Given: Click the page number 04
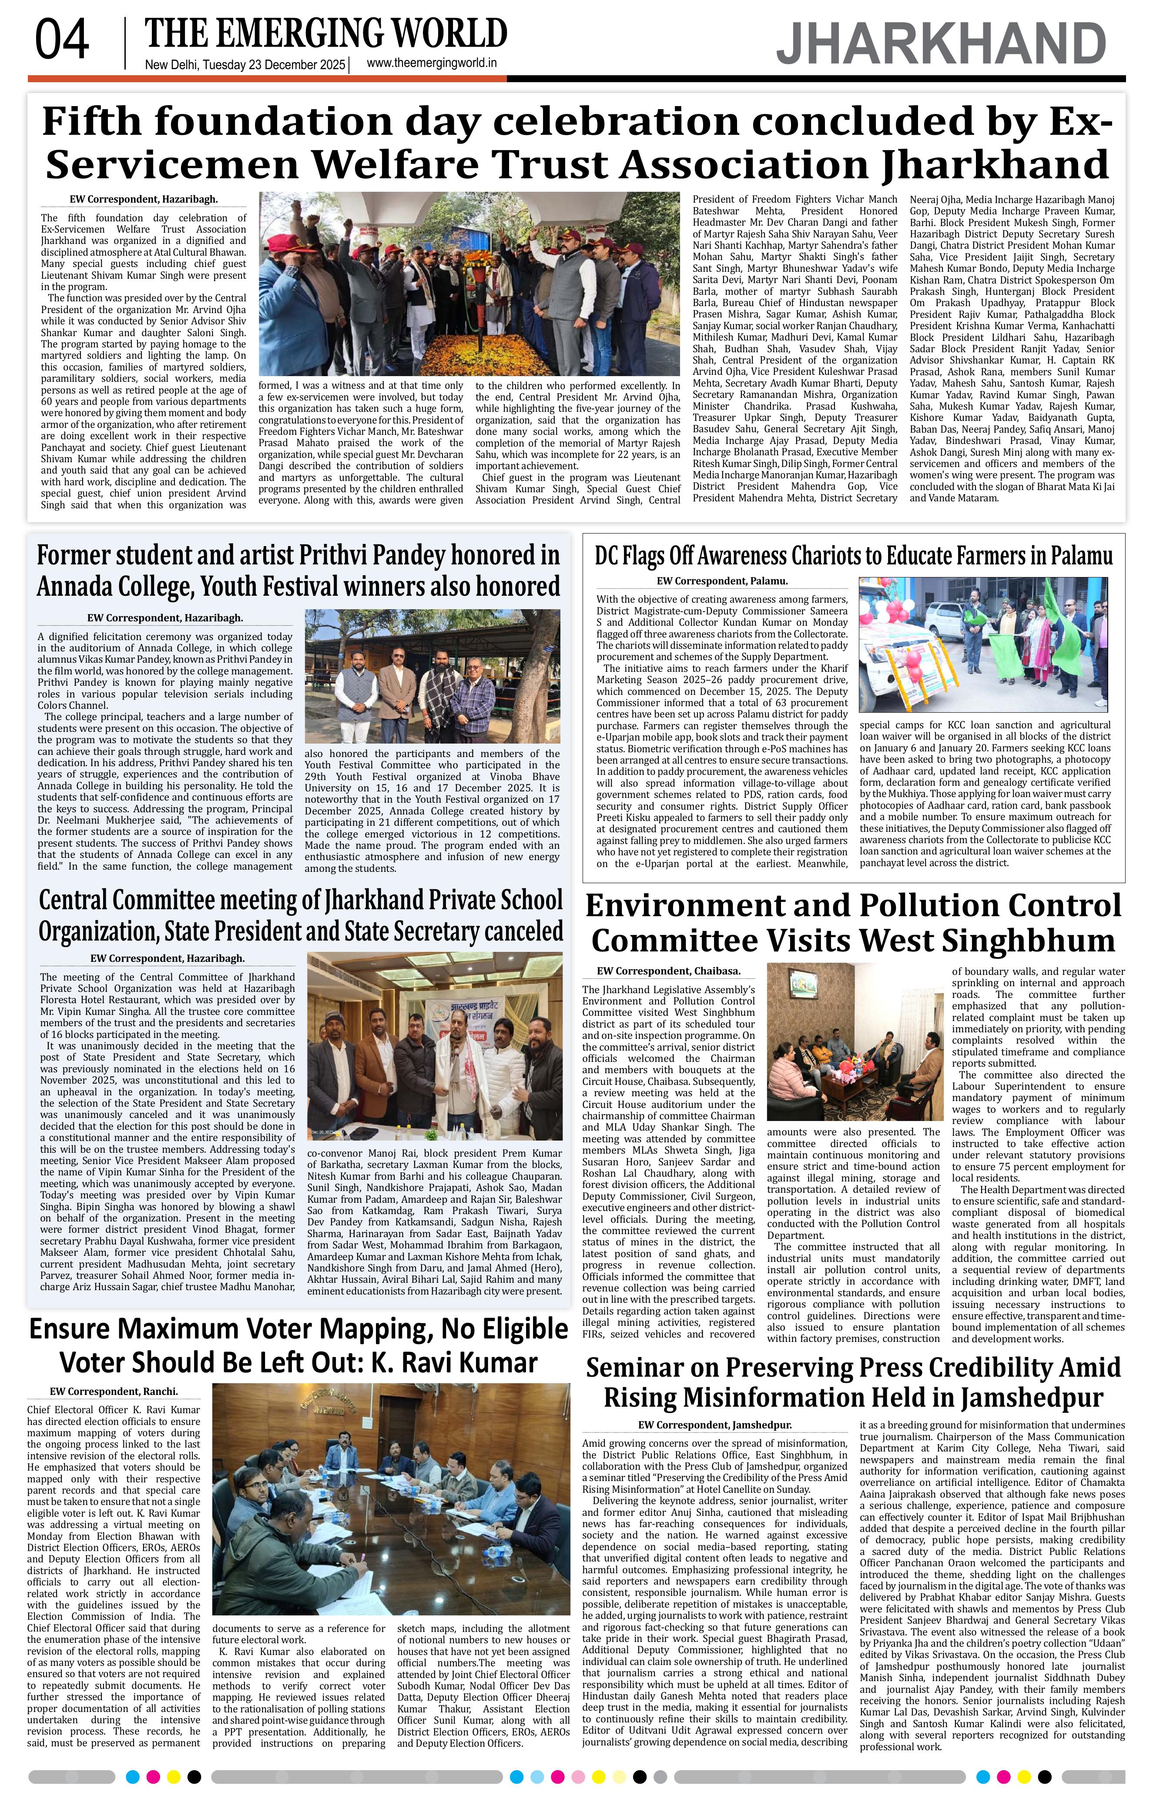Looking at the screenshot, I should (62, 41).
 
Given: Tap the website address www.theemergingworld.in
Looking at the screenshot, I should (431, 64).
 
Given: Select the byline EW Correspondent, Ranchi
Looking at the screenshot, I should (114, 1391).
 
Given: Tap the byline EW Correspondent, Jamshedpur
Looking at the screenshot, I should (714, 1425).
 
